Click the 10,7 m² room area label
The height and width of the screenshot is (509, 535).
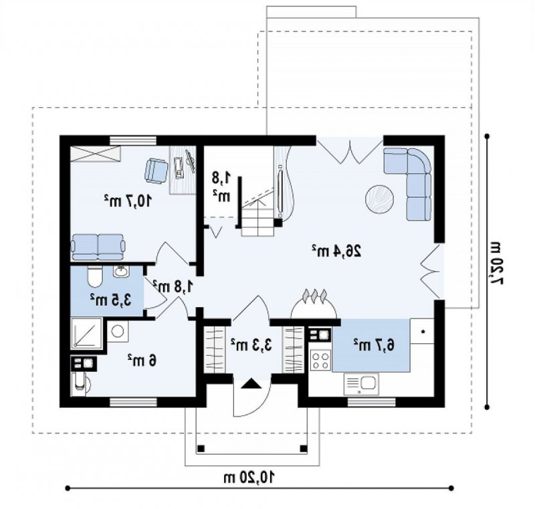[x=128, y=201]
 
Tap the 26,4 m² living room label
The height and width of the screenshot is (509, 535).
[x=336, y=251]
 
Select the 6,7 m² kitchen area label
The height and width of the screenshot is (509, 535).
[x=374, y=345]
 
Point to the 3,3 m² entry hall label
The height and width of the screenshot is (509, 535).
[x=251, y=345]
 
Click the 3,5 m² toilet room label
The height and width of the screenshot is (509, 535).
[x=111, y=300]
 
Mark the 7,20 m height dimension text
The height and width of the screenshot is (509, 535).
[x=496, y=263]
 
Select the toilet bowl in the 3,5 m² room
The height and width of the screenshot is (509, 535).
[x=94, y=277]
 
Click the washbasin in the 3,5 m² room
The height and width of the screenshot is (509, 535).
[x=121, y=272]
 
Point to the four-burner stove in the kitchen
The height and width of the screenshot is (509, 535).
[x=321, y=361]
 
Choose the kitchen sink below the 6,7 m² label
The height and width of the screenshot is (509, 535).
[x=361, y=384]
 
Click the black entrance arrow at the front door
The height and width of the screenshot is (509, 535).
[x=251, y=384]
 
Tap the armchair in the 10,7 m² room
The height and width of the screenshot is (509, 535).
[x=156, y=171]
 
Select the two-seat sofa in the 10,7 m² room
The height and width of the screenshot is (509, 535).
[x=98, y=247]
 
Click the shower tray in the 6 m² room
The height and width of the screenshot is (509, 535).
[x=86, y=333]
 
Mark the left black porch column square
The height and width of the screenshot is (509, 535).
[x=201, y=449]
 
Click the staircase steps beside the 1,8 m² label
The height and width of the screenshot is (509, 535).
[x=258, y=218]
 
